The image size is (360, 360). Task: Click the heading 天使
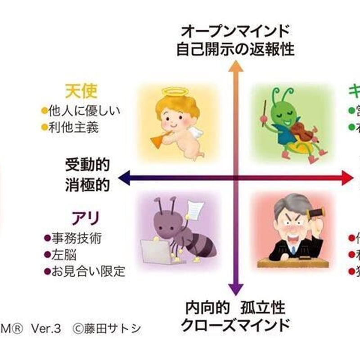81,91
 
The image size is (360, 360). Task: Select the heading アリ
85,219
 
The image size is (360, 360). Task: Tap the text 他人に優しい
84,111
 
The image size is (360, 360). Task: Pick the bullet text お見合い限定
87,272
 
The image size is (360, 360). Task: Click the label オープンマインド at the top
235,31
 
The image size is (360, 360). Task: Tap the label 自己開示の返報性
235,49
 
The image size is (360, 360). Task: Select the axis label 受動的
87,165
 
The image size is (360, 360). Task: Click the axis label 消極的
87,185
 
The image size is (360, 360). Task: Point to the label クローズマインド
235,325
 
